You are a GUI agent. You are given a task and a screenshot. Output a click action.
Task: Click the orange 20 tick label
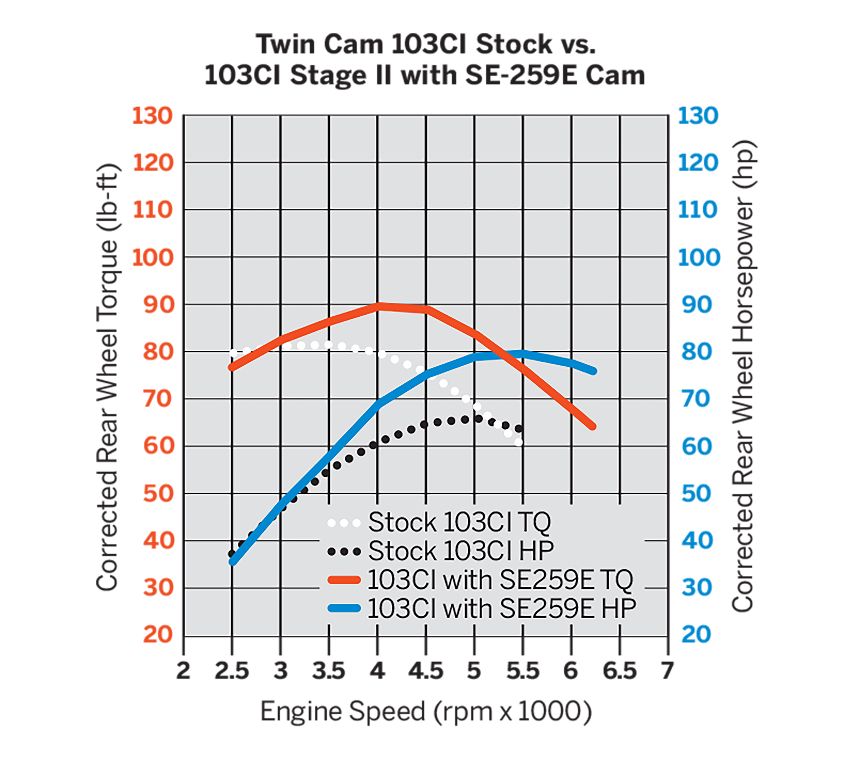[x=158, y=634]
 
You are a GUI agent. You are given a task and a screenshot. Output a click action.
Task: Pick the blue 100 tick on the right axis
[x=699, y=257]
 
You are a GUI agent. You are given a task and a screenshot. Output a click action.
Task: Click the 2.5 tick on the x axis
[x=231, y=671]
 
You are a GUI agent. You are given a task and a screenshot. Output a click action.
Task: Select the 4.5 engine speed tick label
[x=426, y=671]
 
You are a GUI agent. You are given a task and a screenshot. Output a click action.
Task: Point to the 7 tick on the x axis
[x=667, y=671]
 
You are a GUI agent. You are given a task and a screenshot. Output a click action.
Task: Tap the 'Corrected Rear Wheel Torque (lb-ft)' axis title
[x=108, y=377]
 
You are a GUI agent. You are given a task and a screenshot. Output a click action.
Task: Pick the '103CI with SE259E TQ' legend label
[x=500, y=580]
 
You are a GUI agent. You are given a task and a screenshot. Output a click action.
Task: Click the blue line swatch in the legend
[x=344, y=608]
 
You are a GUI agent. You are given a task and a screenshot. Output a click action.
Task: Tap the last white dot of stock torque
[x=519, y=442]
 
